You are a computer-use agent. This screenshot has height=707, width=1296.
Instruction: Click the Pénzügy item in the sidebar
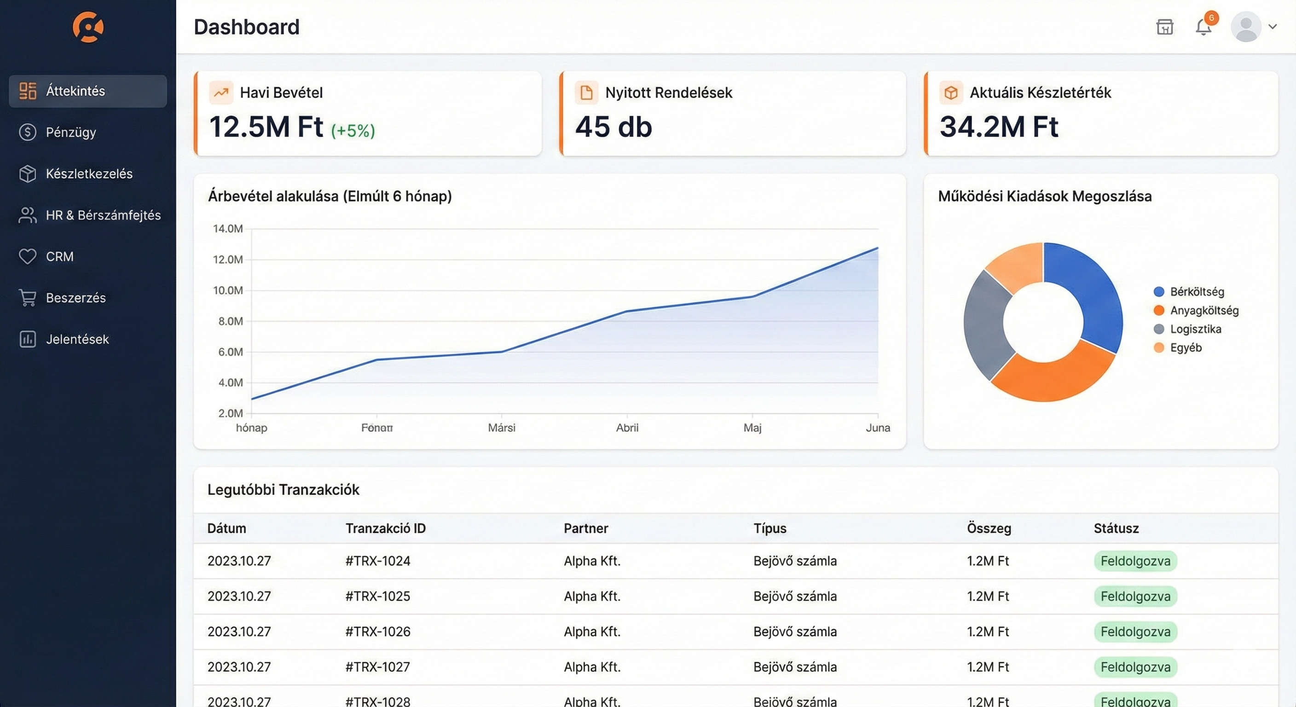70,133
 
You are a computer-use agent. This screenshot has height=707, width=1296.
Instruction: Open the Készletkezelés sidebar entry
88,174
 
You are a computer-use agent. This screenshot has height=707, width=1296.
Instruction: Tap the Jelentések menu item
77,339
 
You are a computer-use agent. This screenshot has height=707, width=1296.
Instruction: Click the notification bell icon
1203,27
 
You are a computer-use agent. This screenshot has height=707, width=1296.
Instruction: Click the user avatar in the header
1246,27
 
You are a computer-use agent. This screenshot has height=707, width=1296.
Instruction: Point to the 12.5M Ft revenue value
266,126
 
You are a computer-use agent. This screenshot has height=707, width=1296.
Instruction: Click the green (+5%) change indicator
353,131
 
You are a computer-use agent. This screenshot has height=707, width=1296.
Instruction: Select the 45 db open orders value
613,126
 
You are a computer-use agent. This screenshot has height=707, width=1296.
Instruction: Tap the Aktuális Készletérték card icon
950,93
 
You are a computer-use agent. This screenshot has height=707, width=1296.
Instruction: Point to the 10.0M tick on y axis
227,290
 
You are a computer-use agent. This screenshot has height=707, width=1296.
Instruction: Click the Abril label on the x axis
627,428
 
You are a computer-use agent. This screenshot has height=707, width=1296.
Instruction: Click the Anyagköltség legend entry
1203,311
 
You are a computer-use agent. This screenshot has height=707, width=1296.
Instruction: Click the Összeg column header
989,528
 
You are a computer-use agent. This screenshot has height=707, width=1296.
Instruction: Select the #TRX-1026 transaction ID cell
378,632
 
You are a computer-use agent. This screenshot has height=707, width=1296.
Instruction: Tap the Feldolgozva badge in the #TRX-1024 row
1135,561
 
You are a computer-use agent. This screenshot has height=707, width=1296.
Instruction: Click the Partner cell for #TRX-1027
592,667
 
